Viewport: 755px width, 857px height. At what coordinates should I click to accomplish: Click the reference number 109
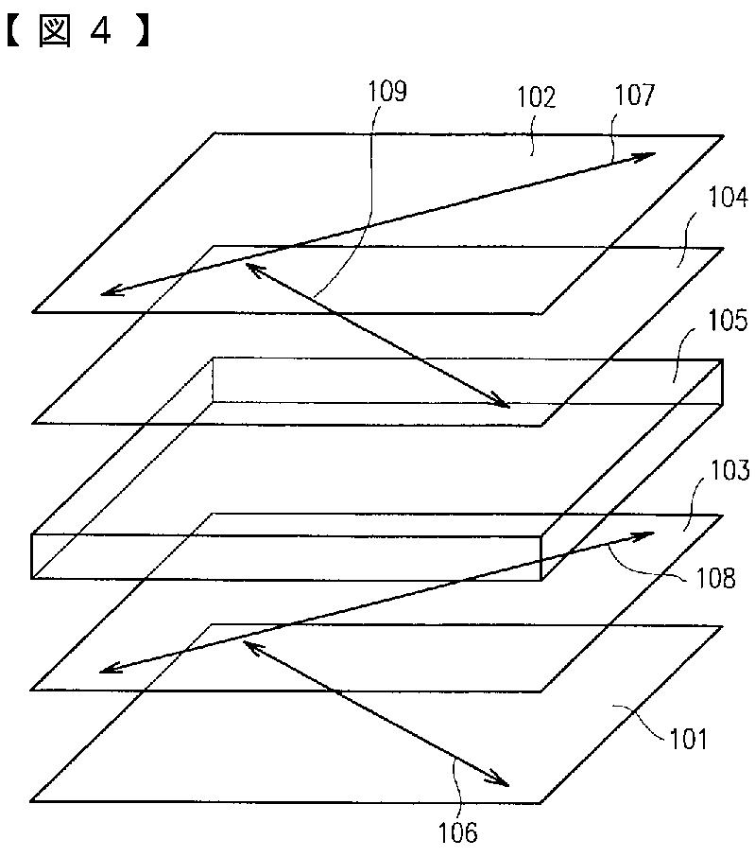coord(386,93)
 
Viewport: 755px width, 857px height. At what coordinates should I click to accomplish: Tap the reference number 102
coord(536,97)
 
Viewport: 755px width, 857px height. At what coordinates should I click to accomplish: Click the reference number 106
coord(457,831)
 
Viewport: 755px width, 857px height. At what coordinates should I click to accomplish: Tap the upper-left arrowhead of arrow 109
coord(250,268)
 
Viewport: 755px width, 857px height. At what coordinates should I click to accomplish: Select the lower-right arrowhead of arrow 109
coord(505,404)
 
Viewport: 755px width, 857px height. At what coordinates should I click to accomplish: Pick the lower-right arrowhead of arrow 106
coord(504,782)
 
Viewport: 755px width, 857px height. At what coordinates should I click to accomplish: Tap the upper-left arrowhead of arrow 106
coord(249,644)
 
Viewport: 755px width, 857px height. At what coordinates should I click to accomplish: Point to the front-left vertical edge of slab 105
coord(33,557)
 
